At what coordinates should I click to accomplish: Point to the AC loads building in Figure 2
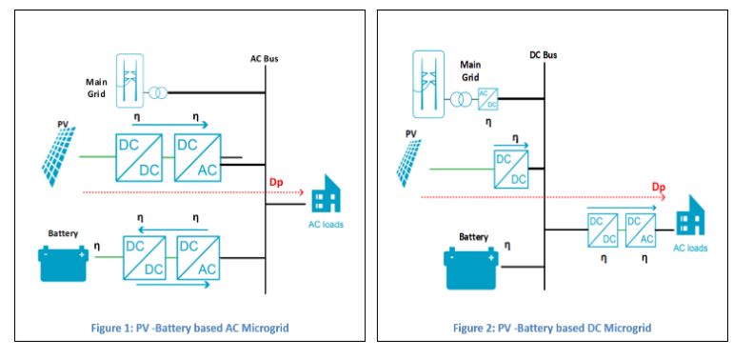[690, 220]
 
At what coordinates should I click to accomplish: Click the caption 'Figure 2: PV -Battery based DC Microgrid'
[552, 328]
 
